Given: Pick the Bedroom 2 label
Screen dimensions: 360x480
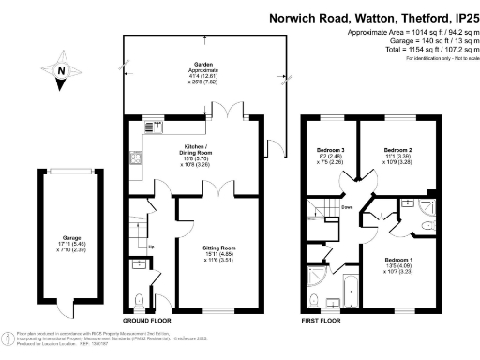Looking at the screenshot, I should click(399, 154).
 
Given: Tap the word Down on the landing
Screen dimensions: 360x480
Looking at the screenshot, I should click(347, 207).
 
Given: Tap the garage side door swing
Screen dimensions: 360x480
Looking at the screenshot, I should click(61, 312).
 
